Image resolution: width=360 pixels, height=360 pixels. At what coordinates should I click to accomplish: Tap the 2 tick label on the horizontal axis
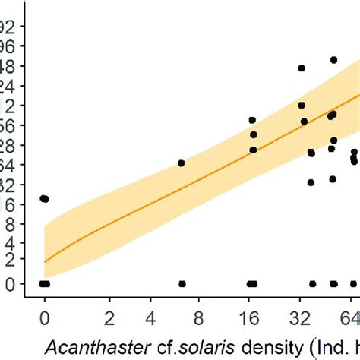(x=110, y=314)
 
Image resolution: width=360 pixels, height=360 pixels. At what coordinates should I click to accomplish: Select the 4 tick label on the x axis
(x=152, y=314)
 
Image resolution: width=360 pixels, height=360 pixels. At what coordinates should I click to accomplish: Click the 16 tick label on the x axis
(x=251, y=314)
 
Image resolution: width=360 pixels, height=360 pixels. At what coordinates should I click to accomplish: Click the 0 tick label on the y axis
(x=9, y=283)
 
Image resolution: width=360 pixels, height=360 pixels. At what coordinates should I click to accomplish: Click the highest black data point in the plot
(x=333, y=59)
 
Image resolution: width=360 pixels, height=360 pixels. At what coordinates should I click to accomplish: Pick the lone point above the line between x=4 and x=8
(x=182, y=163)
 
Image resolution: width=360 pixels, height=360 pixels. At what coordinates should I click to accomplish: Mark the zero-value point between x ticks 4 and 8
(x=182, y=283)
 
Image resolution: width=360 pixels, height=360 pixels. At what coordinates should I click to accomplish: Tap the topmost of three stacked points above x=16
(x=252, y=120)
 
